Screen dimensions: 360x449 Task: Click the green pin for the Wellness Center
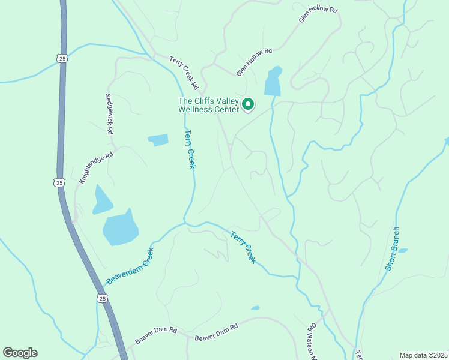[x=248, y=106]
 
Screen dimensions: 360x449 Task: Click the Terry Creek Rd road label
[x=184, y=69]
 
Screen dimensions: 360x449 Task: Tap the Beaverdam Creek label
[x=130, y=266]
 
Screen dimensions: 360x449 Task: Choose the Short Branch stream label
[x=392, y=248]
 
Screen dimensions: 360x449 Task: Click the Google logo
[x=20, y=353]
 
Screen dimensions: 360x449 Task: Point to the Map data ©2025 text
[x=423, y=355]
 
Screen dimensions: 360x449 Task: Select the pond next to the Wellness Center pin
[x=273, y=82]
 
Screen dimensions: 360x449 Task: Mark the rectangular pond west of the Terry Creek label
[x=158, y=140]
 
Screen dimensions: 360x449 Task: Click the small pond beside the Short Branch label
[x=403, y=250]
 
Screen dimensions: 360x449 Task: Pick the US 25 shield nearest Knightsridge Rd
[x=58, y=182]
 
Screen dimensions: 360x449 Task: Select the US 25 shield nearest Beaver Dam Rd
[x=103, y=298]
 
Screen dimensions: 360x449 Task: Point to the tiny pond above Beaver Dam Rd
[x=255, y=308]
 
